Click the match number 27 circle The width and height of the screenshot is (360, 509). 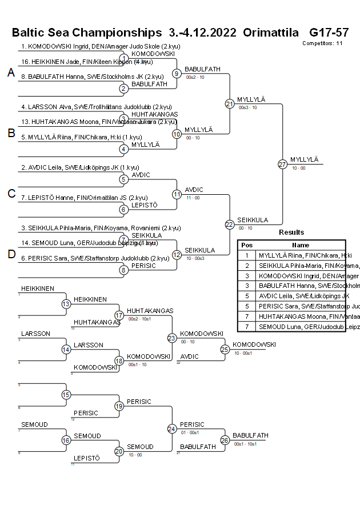tap(282, 165)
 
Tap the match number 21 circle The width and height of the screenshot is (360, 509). tap(230, 104)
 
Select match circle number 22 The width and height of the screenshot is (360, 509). tap(230, 225)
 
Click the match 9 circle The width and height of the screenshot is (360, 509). tap(177, 74)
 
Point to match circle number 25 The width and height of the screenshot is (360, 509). tap(225, 349)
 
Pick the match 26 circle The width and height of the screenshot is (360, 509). tap(225, 440)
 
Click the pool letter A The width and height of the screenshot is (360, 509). tap(11, 73)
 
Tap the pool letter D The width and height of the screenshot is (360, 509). tap(11, 254)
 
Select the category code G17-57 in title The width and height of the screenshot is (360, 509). tap(329, 32)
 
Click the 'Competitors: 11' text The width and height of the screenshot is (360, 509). tap(322, 43)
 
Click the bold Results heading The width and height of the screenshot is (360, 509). tap(291, 233)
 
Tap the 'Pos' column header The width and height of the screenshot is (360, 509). tap(247, 245)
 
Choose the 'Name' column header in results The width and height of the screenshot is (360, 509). tap(301, 245)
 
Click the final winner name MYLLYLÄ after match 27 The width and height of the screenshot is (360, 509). tap(304, 159)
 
